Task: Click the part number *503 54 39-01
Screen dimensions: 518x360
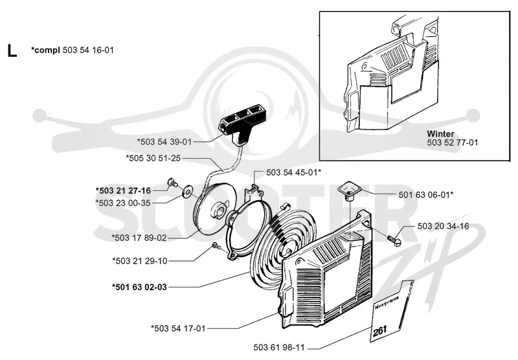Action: (x=164, y=142)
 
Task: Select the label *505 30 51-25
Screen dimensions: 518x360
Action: (x=153, y=158)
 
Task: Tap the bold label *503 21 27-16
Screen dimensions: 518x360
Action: (x=123, y=190)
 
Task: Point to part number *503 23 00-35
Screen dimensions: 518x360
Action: (x=123, y=203)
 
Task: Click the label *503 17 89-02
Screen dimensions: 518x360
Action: (x=139, y=238)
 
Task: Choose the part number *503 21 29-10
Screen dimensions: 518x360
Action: (x=140, y=261)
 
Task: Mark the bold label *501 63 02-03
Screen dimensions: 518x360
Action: (x=139, y=287)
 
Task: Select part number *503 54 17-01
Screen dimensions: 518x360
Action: (x=178, y=329)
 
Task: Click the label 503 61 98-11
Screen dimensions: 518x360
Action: (x=279, y=348)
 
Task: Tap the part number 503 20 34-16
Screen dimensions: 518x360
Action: (x=444, y=226)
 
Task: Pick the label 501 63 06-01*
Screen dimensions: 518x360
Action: (x=426, y=195)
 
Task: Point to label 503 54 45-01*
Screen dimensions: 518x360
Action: (x=294, y=173)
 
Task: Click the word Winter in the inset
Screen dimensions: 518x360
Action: (x=440, y=134)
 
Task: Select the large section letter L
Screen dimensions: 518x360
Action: (x=12, y=51)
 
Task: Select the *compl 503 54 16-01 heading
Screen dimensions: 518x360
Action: (x=73, y=51)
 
